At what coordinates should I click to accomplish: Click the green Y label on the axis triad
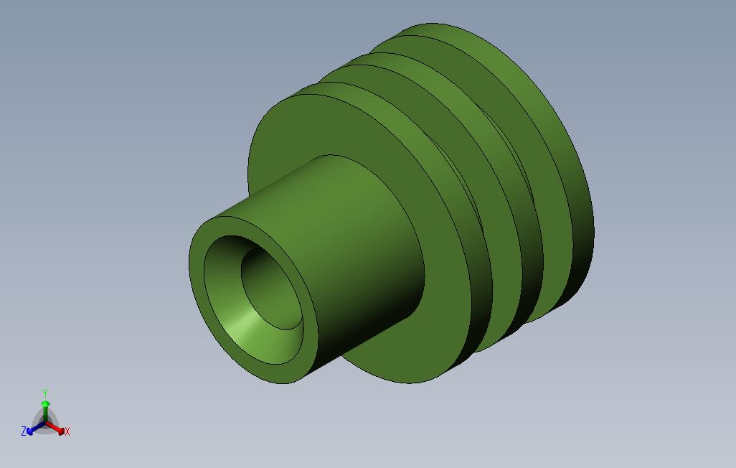pos(45,393)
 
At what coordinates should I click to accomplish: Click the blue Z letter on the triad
pos(24,431)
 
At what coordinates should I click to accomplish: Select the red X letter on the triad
pos(67,432)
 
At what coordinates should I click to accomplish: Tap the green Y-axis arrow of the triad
pos(45,408)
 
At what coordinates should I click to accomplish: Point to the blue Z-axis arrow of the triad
pos(32,429)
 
